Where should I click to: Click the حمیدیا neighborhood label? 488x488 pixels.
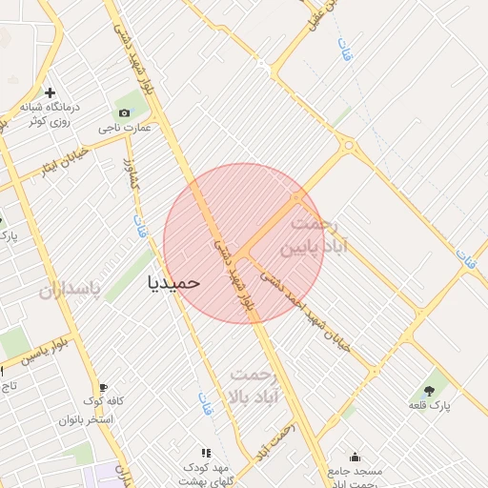click(x=174, y=282)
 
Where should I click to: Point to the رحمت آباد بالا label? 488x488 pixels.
click(x=252, y=385)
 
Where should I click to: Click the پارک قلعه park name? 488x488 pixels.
click(x=428, y=406)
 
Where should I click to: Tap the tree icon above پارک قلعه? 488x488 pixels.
click(x=428, y=389)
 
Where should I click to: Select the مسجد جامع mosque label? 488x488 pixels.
click(x=355, y=472)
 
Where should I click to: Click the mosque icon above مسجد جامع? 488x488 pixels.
click(x=356, y=457)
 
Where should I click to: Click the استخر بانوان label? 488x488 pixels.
click(x=87, y=419)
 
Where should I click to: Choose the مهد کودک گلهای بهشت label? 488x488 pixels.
click(x=206, y=472)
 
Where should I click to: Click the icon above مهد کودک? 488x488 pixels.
click(x=205, y=454)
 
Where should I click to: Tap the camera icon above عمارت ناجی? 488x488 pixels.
click(x=124, y=112)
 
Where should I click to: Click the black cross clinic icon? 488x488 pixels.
click(x=51, y=91)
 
